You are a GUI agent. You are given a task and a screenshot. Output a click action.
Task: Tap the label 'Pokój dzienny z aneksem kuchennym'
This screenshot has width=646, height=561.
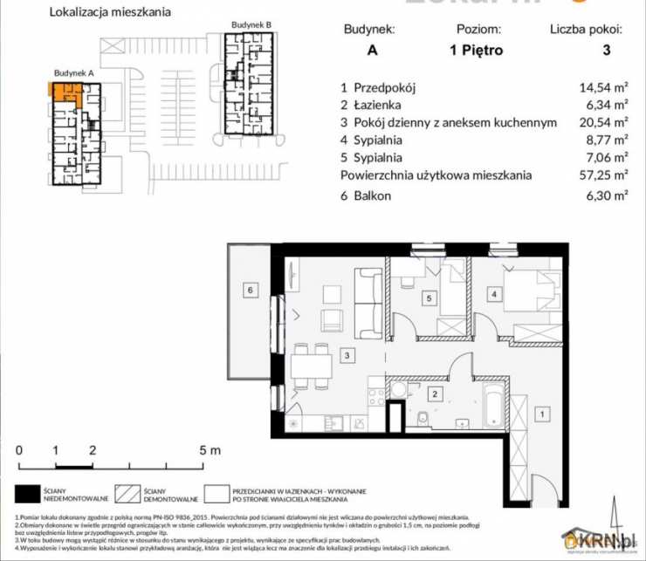(x=449, y=123)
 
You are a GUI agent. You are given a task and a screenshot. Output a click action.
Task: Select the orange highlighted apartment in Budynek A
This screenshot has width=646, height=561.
(x=65, y=92)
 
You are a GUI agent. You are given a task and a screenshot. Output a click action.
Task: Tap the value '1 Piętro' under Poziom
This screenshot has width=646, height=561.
(x=476, y=51)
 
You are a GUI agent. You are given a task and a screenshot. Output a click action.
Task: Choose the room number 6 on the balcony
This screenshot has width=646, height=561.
(x=250, y=289)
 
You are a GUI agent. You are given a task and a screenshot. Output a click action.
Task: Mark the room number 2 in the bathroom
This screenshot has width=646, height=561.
(x=433, y=394)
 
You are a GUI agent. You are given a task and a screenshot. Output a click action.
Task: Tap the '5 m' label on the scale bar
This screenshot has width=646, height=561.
(x=210, y=450)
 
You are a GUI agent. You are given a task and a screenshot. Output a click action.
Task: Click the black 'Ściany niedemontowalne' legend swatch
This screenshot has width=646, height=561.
(x=30, y=495)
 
